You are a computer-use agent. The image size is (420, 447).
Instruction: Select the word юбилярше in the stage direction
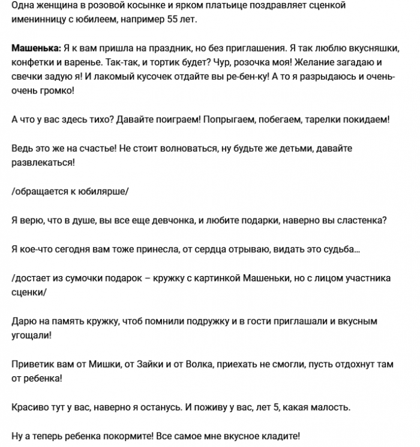[103, 191]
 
